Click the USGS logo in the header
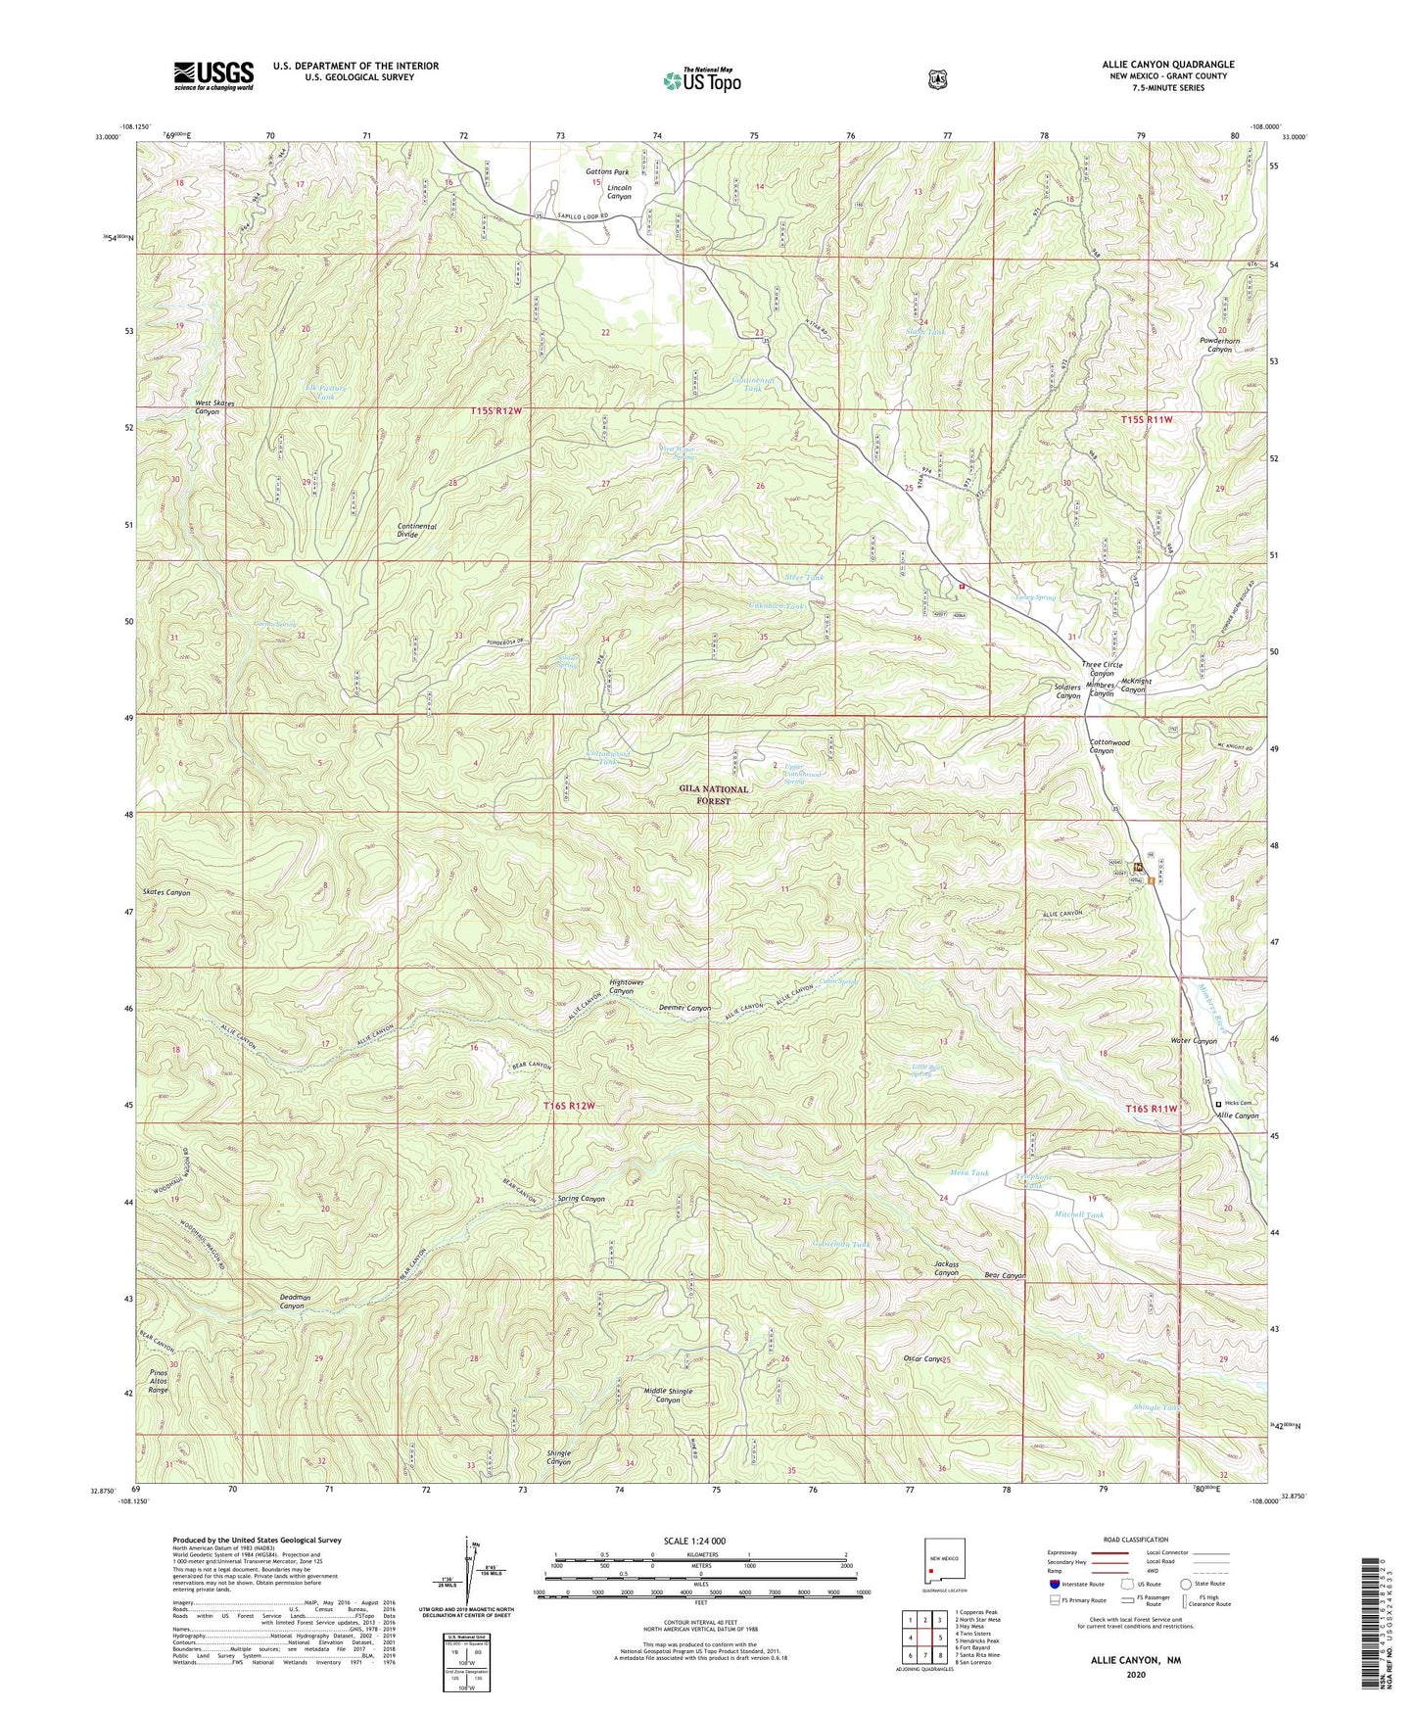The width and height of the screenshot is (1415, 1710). (x=213, y=74)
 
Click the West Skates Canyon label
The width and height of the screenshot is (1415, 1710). (x=215, y=407)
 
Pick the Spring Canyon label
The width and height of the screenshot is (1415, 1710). (x=582, y=1199)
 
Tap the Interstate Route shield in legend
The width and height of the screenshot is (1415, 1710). (x=1054, y=1583)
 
